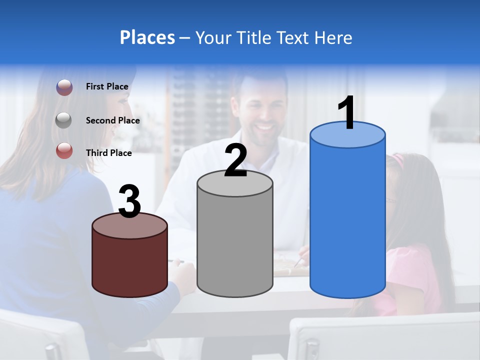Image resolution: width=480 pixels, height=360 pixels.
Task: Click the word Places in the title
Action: click(x=147, y=37)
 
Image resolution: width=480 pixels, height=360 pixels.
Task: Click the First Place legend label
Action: click(x=107, y=86)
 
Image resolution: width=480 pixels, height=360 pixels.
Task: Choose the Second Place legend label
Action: click(x=112, y=120)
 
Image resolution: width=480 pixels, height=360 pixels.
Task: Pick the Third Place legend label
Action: click(x=108, y=153)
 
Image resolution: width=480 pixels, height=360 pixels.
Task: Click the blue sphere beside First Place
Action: click(x=64, y=87)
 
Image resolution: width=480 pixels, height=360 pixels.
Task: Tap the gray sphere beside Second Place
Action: click(x=64, y=120)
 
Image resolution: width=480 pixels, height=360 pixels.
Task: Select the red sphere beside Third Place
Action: click(x=64, y=150)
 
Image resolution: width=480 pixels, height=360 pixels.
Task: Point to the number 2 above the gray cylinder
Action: click(x=235, y=160)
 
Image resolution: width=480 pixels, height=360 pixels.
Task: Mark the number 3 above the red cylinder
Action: click(x=130, y=202)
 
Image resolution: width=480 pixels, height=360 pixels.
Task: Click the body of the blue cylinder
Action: click(x=347, y=220)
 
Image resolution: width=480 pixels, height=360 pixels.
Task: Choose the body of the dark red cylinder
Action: click(x=130, y=262)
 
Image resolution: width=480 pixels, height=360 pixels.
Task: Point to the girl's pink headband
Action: click(x=398, y=160)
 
